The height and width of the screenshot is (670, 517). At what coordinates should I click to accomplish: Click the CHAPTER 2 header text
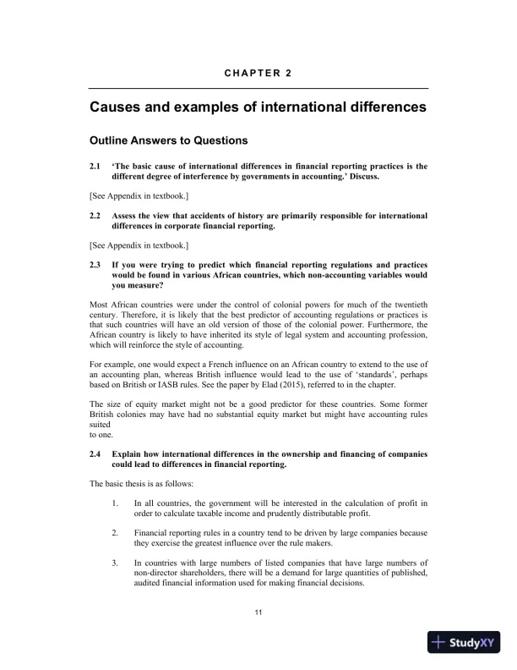pos(258,73)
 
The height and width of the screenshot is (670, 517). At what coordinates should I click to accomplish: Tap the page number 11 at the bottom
pos(258,612)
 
